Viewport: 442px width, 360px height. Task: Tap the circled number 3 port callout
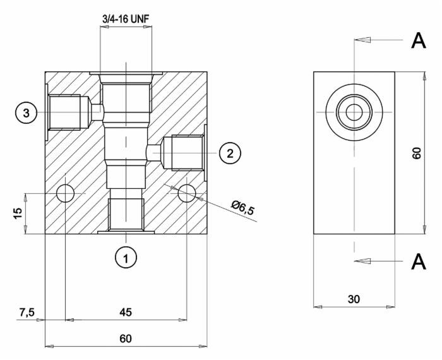27,113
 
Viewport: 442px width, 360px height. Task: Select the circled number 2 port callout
230,152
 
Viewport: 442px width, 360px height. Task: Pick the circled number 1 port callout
126,257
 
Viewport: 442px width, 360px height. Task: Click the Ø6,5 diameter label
242,207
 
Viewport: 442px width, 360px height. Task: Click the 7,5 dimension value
27,311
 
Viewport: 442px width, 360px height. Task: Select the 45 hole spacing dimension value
126,311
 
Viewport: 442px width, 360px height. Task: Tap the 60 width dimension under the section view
126,339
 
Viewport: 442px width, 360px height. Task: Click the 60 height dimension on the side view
416,152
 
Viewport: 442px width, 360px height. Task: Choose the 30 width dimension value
354,299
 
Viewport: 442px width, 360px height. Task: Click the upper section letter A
418,40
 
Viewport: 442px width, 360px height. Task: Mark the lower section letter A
418,261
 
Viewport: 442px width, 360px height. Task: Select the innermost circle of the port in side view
354,112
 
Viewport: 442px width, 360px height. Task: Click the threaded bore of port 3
64,112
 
